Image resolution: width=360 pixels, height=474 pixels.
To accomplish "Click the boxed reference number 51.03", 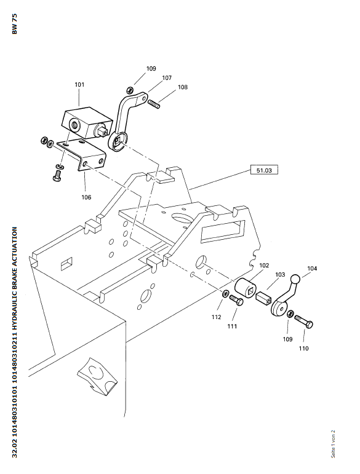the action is click(x=264, y=170).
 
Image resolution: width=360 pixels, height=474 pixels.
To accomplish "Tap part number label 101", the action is click(x=79, y=85).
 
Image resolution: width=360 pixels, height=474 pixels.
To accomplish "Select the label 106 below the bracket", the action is click(x=86, y=197).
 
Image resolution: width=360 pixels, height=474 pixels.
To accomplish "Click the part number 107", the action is click(x=167, y=77).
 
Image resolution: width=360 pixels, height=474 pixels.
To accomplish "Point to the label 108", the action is click(x=182, y=87).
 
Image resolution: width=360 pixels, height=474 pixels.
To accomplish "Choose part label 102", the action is click(x=264, y=265).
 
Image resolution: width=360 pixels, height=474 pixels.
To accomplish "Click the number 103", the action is click(x=280, y=274).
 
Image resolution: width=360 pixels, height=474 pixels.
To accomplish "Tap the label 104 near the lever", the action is click(x=312, y=269).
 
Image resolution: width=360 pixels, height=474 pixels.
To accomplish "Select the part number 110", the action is click(x=304, y=349).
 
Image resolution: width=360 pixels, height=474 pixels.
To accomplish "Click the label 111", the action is click(x=232, y=326).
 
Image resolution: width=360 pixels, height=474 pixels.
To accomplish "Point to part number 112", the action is click(x=216, y=317).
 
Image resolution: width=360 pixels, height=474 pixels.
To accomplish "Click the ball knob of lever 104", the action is click(x=295, y=278).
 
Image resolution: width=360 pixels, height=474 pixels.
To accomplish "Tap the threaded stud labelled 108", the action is click(x=154, y=105).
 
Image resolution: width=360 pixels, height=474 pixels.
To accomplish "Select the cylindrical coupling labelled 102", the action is click(x=246, y=288).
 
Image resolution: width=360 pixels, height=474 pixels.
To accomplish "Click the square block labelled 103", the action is click(x=263, y=298).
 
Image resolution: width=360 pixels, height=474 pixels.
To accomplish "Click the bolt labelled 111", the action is click(x=236, y=300).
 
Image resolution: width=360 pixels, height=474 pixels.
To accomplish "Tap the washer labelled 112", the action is click(x=225, y=293).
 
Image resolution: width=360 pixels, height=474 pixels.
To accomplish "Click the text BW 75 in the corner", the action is click(x=15, y=24).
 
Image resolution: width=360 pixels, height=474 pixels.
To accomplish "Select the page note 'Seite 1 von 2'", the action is click(x=333, y=444).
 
